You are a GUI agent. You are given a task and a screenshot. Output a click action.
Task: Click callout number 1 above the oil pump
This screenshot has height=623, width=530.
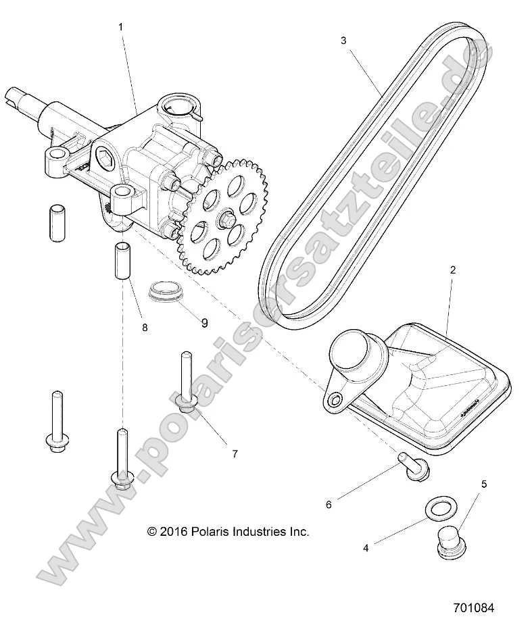[120, 27]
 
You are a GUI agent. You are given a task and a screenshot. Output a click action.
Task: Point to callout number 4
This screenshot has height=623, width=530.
[366, 548]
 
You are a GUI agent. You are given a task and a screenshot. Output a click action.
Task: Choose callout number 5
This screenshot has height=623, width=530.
[483, 484]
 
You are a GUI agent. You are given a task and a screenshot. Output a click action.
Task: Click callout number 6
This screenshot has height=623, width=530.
[329, 504]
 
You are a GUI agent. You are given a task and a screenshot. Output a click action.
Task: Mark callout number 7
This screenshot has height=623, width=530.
[235, 453]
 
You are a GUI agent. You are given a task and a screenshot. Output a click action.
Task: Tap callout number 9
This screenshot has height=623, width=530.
[205, 323]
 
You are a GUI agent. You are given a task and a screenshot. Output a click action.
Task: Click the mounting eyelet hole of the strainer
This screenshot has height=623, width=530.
[334, 401]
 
